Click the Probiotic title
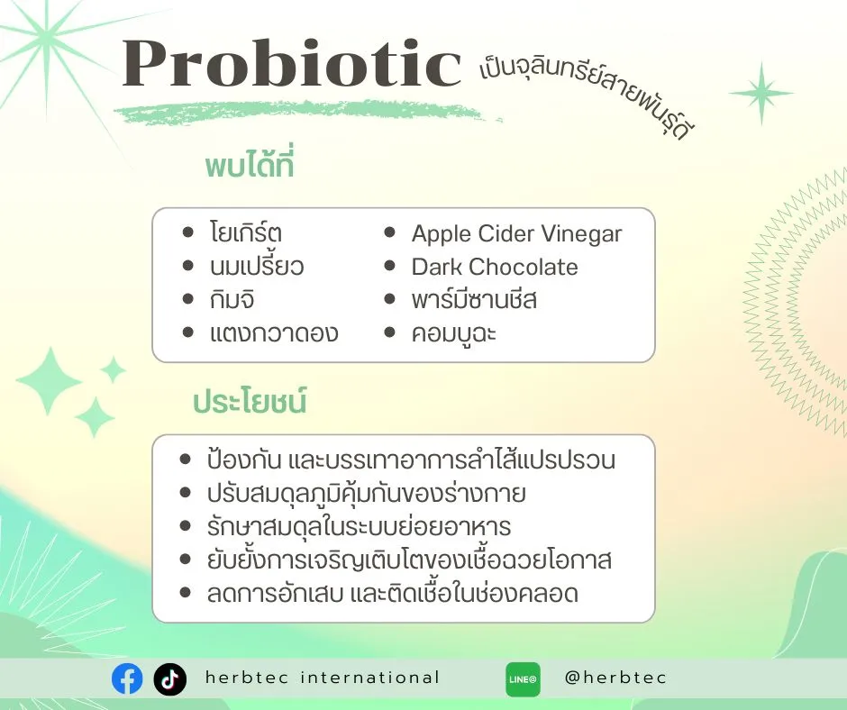coord(292,65)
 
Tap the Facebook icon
coord(127,678)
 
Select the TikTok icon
coord(169,678)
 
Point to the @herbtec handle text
coord(615,678)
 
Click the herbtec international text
coord(323,678)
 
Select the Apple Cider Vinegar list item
coord(516,234)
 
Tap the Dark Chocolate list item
coord(495,268)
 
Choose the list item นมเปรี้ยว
coord(256,268)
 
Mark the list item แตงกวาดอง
coord(273,333)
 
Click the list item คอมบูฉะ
coord(454,333)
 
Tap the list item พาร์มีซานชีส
coord(474,300)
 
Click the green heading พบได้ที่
coord(250,168)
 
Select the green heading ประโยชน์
coord(250,403)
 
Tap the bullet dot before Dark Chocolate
coord(390,267)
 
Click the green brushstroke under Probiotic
coord(306,114)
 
